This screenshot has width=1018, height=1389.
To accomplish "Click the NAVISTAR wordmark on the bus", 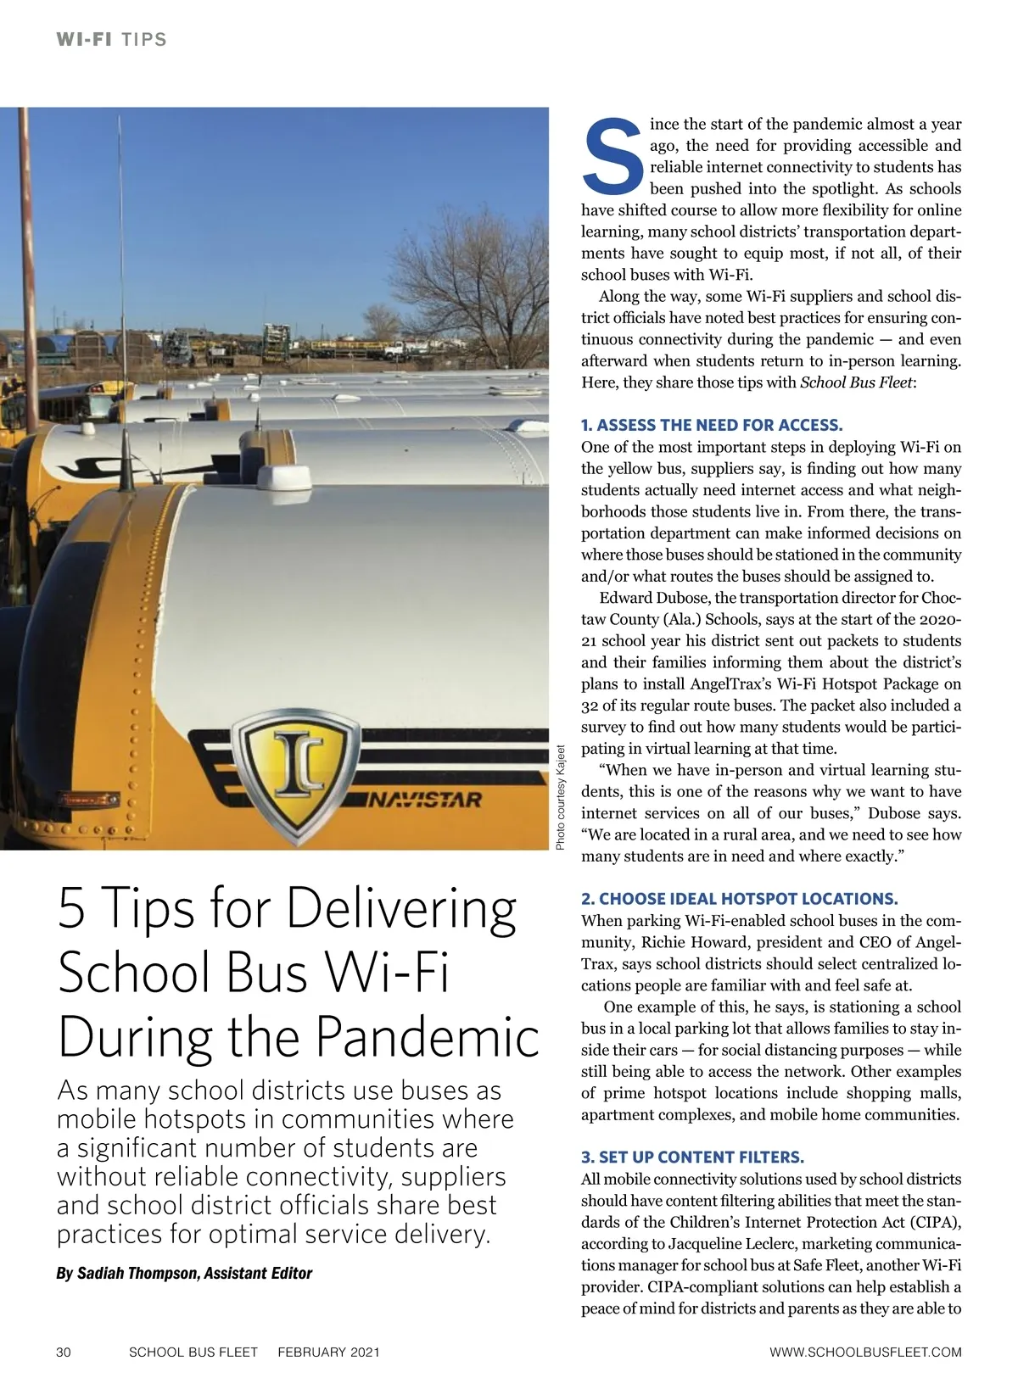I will click(x=425, y=800).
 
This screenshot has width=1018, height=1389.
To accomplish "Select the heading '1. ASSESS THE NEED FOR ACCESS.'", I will click(x=712, y=425).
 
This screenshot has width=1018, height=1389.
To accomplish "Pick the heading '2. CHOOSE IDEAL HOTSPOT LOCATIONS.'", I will click(x=739, y=899).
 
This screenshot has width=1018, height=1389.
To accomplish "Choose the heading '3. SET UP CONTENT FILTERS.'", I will click(x=692, y=1157).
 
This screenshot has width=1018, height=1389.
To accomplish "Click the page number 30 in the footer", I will click(x=64, y=1352).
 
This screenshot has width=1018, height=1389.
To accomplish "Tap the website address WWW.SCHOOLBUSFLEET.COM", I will click(x=865, y=1352).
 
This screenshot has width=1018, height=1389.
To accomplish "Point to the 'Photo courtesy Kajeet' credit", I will click(x=561, y=797).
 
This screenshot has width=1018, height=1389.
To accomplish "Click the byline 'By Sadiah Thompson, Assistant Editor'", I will click(x=184, y=1274).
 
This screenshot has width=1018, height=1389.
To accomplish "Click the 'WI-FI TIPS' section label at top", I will click(x=111, y=40).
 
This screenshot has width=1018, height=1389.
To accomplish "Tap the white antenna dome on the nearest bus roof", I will click(x=286, y=479).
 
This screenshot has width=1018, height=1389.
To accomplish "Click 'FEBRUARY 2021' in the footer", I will click(x=328, y=1352).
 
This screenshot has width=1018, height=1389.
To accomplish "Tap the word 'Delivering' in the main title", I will click(x=401, y=908).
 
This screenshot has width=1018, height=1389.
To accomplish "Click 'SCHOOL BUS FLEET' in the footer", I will click(x=193, y=1352).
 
